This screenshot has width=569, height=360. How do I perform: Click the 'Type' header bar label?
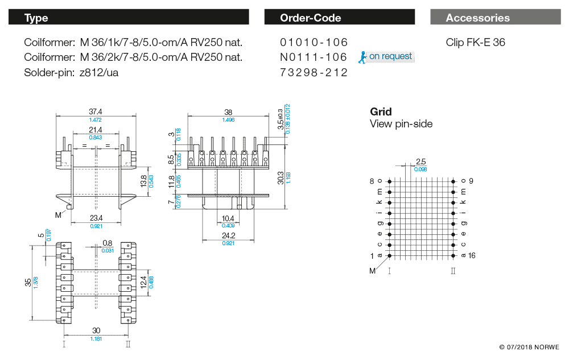pos(36,18)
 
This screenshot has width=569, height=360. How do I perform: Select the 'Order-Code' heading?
pos(310,18)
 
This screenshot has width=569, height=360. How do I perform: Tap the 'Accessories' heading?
pos(477,18)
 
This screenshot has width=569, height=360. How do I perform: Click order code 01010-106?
pos(314,42)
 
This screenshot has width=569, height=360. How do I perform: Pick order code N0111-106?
pos(314,57)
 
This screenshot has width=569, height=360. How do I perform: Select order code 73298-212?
pos(314,73)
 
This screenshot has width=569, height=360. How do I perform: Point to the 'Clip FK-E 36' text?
pos(475,42)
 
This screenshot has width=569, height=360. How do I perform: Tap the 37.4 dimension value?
pos(95,112)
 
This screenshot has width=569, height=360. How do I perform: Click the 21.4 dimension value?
pos(95,130)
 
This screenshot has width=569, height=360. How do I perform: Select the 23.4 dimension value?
pos(95,218)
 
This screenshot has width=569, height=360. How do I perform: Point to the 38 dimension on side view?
pos(228,112)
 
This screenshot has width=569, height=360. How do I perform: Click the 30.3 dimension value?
pos(280,177)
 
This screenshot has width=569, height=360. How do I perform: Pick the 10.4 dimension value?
pos(228,218)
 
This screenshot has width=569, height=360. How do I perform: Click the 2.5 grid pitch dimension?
pos(421,162)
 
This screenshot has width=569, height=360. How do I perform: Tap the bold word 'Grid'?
pos(381,111)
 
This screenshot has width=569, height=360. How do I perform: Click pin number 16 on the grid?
pos(472,255)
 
